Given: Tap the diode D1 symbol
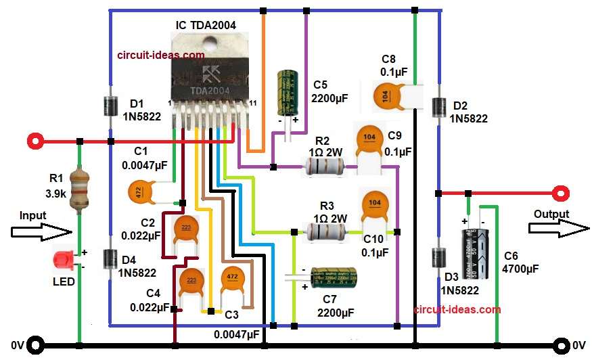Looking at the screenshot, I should coord(110,106).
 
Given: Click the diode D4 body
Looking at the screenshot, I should coord(110,259).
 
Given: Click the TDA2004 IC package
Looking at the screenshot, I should coord(210,74).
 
